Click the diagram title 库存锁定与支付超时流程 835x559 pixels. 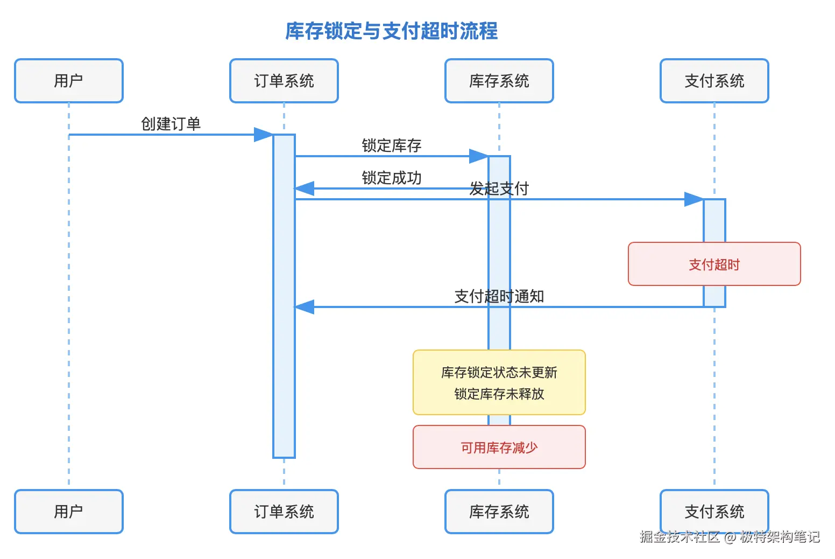click(391, 31)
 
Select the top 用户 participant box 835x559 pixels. click(69, 81)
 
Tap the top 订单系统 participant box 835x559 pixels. click(284, 81)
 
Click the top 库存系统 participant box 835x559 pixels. click(499, 81)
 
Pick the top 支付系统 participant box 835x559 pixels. click(714, 81)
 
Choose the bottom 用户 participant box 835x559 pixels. click(69, 512)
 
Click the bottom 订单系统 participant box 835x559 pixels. click(284, 512)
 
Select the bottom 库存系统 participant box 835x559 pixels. click(499, 512)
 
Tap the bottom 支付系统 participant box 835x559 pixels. click(714, 512)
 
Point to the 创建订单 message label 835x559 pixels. click(171, 124)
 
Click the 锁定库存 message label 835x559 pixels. click(391, 145)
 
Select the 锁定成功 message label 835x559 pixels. click(391, 178)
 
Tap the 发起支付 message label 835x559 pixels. click(499, 188)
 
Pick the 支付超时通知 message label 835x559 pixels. click(499, 296)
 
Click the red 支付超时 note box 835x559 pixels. click(714, 264)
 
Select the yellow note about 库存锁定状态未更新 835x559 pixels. click(499, 382)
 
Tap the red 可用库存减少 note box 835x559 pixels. click(499, 447)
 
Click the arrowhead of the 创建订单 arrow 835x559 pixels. click(264, 135)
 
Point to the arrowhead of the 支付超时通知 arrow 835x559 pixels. click(304, 307)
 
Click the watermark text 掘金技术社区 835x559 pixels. click(680, 536)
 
